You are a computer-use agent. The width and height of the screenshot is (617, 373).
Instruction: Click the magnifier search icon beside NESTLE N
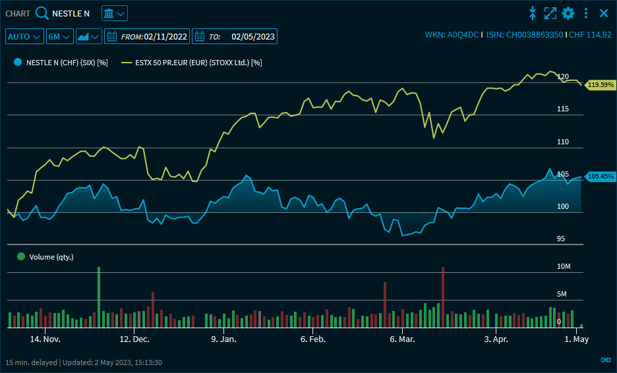(42, 13)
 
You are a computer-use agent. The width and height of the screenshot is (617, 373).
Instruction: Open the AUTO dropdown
(25, 36)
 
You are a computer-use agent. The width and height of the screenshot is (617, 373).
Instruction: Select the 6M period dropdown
(59, 36)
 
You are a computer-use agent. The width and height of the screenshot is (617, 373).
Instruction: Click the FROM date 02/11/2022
(165, 37)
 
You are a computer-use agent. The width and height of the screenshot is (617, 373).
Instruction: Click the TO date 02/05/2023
(253, 37)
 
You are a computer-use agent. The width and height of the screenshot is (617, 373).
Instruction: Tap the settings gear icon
(568, 13)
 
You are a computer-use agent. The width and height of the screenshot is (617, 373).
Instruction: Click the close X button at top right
(603, 13)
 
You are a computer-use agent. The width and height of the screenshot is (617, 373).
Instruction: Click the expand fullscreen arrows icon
(550, 13)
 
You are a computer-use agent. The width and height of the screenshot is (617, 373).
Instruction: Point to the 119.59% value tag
(601, 84)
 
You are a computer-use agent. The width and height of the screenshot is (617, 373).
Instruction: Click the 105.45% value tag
(601, 177)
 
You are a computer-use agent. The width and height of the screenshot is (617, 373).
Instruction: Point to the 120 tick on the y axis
(562, 76)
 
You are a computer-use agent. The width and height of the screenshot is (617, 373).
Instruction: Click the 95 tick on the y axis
(561, 239)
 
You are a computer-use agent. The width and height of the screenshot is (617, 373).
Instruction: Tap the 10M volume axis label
(562, 266)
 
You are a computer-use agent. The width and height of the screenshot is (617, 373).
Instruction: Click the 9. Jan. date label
(223, 339)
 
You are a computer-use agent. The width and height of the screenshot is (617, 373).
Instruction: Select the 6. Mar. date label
(402, 339)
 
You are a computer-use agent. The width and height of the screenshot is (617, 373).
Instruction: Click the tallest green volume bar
(99, 297)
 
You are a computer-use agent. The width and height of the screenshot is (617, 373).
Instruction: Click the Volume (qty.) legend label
(51, 257)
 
